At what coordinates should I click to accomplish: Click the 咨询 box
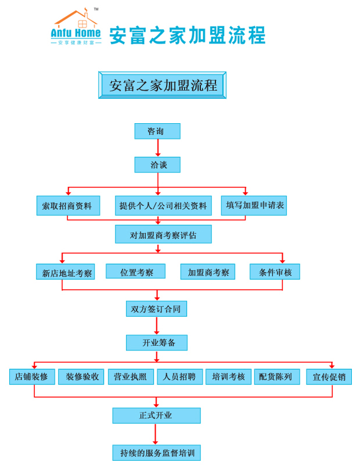pos(157,131)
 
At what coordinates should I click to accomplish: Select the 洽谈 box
pos(157,164)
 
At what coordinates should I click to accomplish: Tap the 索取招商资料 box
pos(68,206)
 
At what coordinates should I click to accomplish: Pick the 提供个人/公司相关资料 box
pos(163,206)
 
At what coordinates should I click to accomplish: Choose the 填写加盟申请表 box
pos(254,205)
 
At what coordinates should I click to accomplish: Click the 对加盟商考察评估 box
pos(163,234)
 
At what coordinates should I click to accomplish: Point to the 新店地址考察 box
pos(65,272)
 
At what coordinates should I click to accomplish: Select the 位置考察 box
pos(135,271)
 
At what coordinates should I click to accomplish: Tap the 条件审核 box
pos(275,272)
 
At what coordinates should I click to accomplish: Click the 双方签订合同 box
pos(156,309)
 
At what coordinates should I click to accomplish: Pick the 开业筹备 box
pos(156,343)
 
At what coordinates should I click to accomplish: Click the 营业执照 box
pos(130,377)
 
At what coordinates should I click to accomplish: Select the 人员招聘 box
pos(179,377)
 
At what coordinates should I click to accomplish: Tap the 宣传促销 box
pos(329,377)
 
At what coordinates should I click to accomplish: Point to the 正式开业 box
pos(156,415)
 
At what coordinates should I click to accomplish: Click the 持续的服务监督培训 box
pos(156,453)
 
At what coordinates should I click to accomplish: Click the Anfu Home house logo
pos(76,27)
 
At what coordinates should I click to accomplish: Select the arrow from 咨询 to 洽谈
pos(157,148)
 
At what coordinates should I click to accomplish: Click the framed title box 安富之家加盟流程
pos(162,85)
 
